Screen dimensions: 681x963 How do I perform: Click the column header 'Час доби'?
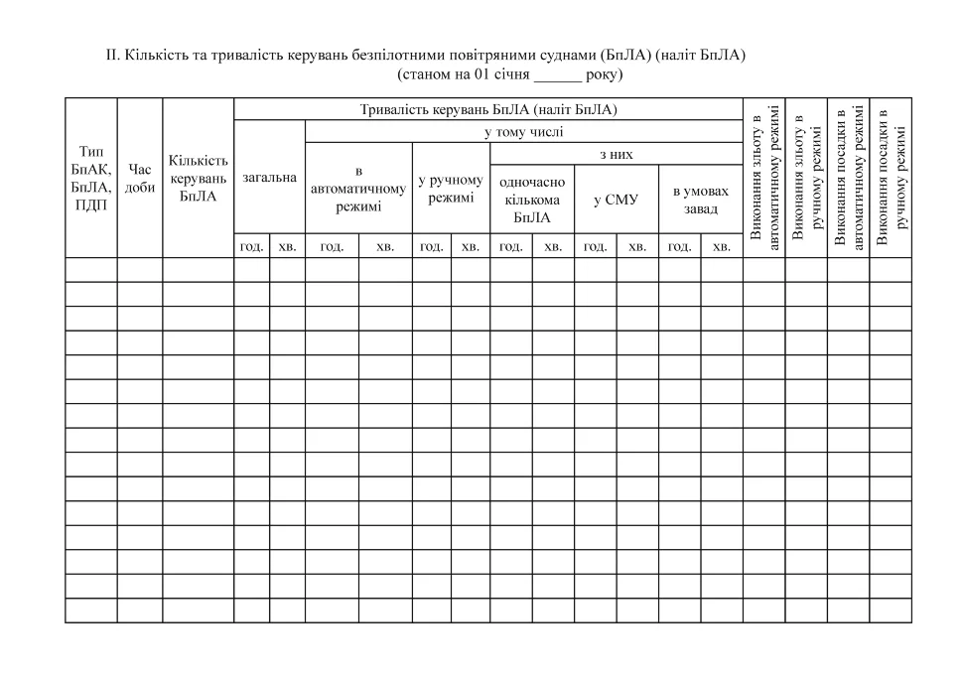140,179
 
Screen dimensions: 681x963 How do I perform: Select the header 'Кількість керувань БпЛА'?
199,179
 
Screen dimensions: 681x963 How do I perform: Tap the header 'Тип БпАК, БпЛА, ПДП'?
91,179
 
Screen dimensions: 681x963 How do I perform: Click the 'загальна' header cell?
269,177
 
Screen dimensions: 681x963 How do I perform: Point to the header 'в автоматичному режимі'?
358,189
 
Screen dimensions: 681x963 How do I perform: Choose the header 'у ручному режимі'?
451,189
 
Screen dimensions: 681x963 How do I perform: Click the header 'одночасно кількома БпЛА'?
532,200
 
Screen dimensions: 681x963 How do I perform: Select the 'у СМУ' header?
616,200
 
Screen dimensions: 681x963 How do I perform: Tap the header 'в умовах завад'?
700,200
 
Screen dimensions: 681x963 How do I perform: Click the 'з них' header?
616,155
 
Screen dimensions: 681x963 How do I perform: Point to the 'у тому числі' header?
523,132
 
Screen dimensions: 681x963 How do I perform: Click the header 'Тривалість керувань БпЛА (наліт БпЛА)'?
488,109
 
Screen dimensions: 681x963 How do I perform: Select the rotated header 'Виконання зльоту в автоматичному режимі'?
764,177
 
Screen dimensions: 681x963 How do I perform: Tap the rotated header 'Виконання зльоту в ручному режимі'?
806,177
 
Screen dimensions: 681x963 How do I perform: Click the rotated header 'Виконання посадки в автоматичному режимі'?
849,177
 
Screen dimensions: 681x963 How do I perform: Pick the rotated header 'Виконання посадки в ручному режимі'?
891,177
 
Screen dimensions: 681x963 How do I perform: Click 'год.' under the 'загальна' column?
251,245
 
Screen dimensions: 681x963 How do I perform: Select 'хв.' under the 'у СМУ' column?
637,245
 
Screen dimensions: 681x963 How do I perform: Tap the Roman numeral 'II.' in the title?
113,56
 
